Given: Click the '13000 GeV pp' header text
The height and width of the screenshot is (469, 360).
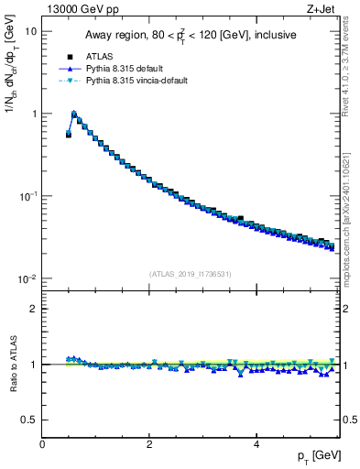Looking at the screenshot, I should [x=82, y=10].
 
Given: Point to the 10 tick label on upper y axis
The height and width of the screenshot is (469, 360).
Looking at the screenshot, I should [x=29, y=31].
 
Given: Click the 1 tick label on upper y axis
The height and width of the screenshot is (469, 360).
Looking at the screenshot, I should [x=33, y=114].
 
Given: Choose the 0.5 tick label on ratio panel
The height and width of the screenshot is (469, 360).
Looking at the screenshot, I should [x=29, y=420].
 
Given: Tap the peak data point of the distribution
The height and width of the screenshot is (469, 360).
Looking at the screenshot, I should [x=74, y=115].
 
